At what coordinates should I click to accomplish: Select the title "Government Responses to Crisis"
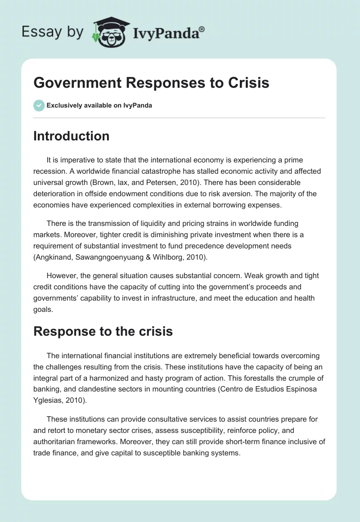pos(151,83)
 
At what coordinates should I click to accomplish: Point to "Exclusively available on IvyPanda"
pos(99,105)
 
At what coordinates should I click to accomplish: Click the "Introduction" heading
pos(71,136)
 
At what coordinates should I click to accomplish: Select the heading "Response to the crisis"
pos(103,331)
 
